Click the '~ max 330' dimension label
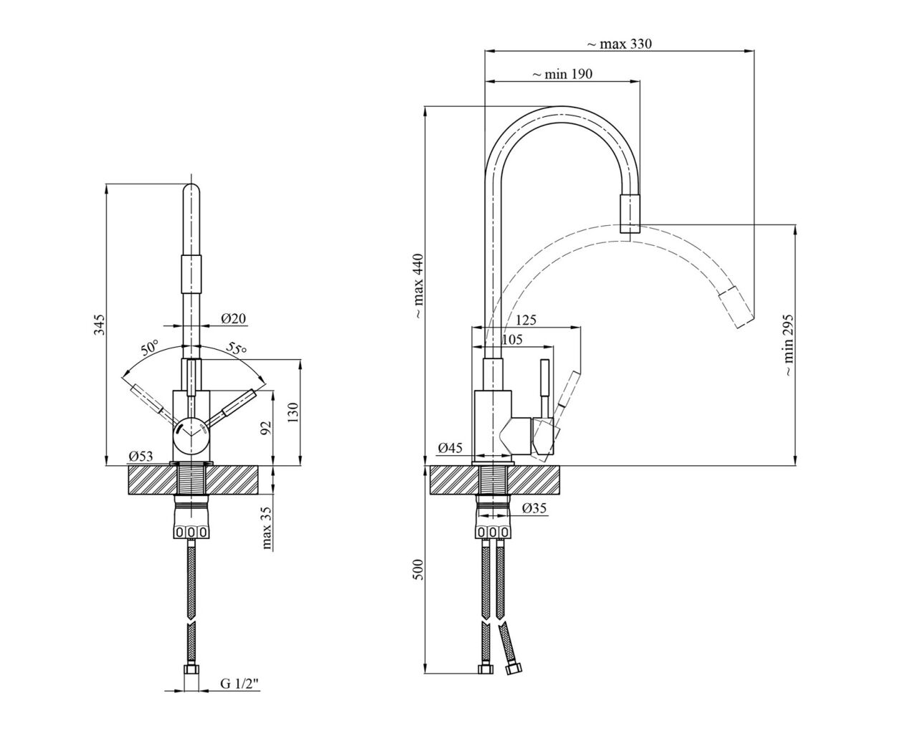(619, 44)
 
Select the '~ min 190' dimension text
(562, 74)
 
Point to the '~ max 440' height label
(419, 286)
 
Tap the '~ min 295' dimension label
(788, 345)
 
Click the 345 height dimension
(99, 325)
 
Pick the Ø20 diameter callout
(234, 318)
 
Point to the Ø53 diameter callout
(140, 456)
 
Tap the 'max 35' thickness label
(267, 528)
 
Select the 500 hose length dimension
(419, 569)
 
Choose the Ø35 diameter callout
(534, 507)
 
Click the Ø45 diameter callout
(450, 447)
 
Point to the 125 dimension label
(526, 320)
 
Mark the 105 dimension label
(512, 339)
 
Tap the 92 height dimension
(266, 429)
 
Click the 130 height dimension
(294, 412)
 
